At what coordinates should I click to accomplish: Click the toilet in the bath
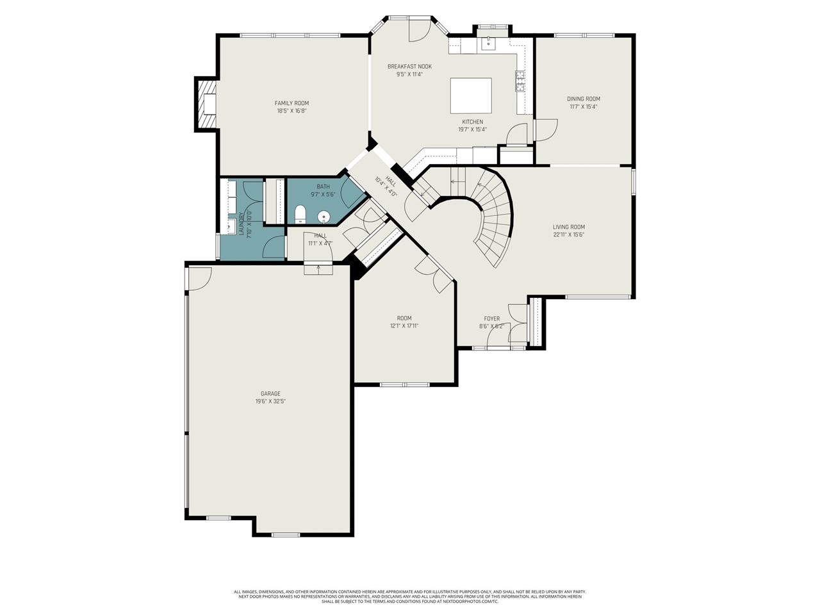tap(300, 214)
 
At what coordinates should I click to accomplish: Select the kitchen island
tap(471, 95)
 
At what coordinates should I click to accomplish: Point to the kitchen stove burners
tap(520, 81)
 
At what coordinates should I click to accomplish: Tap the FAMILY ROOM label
tap(291, 103)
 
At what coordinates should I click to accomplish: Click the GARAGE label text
tap(270, 394)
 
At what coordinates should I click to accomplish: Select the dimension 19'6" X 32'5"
tap(270, 402)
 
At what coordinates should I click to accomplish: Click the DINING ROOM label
tap(584, 99)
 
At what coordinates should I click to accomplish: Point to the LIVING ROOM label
tap(569, 227)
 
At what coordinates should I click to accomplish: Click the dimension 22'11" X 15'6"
tap(569, 234)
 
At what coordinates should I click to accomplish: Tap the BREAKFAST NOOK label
tap(409, 67)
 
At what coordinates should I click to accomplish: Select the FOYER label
tap(492, 318)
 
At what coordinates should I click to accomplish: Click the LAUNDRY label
tap(242, 225)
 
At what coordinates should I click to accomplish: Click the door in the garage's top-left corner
tap(199, 277)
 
